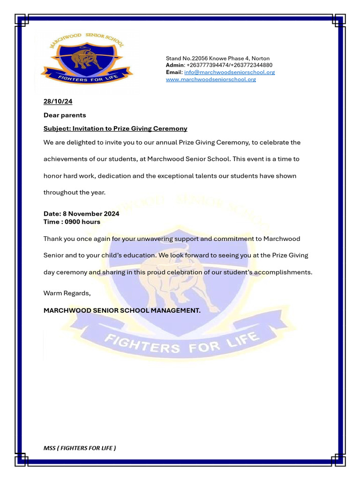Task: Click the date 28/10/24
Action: tap(58, 101)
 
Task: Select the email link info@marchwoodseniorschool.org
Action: tap(229, 72)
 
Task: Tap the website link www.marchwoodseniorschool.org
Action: tap(211, 79)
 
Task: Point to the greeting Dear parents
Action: tap(65, 115)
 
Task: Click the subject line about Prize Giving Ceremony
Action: tap(115, 128)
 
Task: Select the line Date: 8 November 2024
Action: tap(81, 214)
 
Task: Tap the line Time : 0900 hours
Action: tap(72, 222)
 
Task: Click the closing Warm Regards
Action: tap(67, 293)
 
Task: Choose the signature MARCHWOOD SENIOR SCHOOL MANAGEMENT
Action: tap(122, 310)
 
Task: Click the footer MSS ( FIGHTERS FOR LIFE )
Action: tap(80, 448)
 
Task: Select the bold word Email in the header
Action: tap(174, 72)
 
